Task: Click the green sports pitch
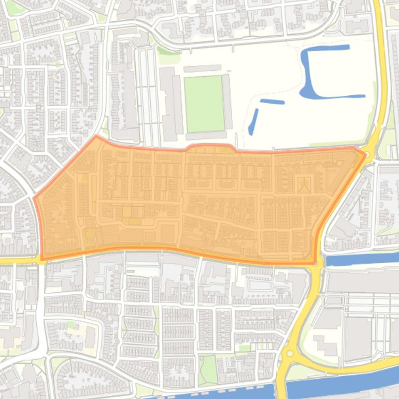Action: [204, 104]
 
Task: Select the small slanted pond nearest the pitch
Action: [253, 122]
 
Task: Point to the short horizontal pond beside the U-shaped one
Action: [272, 102]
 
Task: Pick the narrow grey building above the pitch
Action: [202, 68]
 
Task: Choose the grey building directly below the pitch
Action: [206, 136]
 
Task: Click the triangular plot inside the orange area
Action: [304, 185]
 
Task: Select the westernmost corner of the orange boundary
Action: [35, 197]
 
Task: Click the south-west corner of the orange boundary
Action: [42, 258]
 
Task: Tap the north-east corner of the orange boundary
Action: [365, 154]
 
